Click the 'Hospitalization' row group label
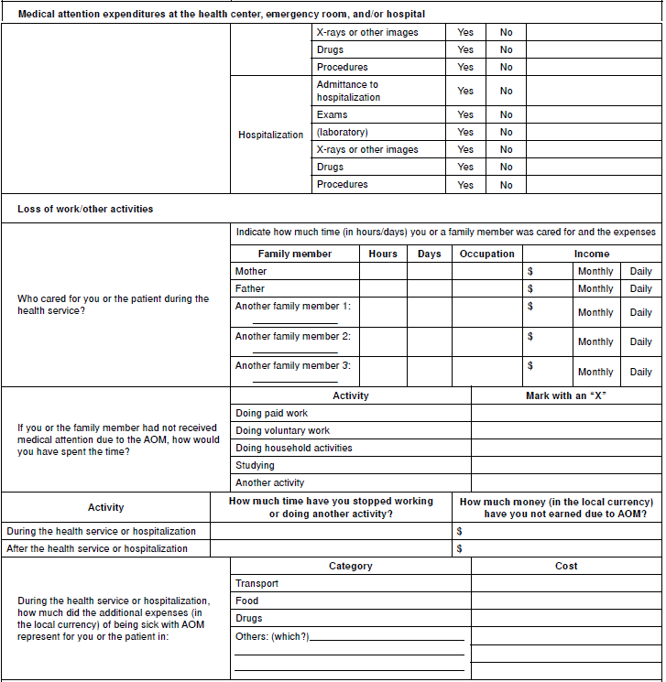tap(270, 135)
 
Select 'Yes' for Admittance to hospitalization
tap(465, 91)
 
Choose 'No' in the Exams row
tap(507, 115)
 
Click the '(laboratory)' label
tap(343, 132)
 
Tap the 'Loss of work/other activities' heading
tap(85, 209)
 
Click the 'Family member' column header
tap(295, 254)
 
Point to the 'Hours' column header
tap(383, 254)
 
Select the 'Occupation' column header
tap(487, 254)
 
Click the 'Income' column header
tap(591, 254)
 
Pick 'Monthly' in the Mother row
tap(595, 271)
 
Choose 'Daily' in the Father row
tap(640, 288)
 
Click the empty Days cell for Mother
tap(429, 271)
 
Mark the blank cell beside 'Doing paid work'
tap(565, 413)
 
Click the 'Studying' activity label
tap(255, 465)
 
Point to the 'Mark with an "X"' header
tap(565, 395)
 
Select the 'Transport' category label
tap(257, 583)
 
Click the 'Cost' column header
tap(566, 566)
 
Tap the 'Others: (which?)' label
tap(273, 635)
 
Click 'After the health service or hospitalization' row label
tap(97, 548)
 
